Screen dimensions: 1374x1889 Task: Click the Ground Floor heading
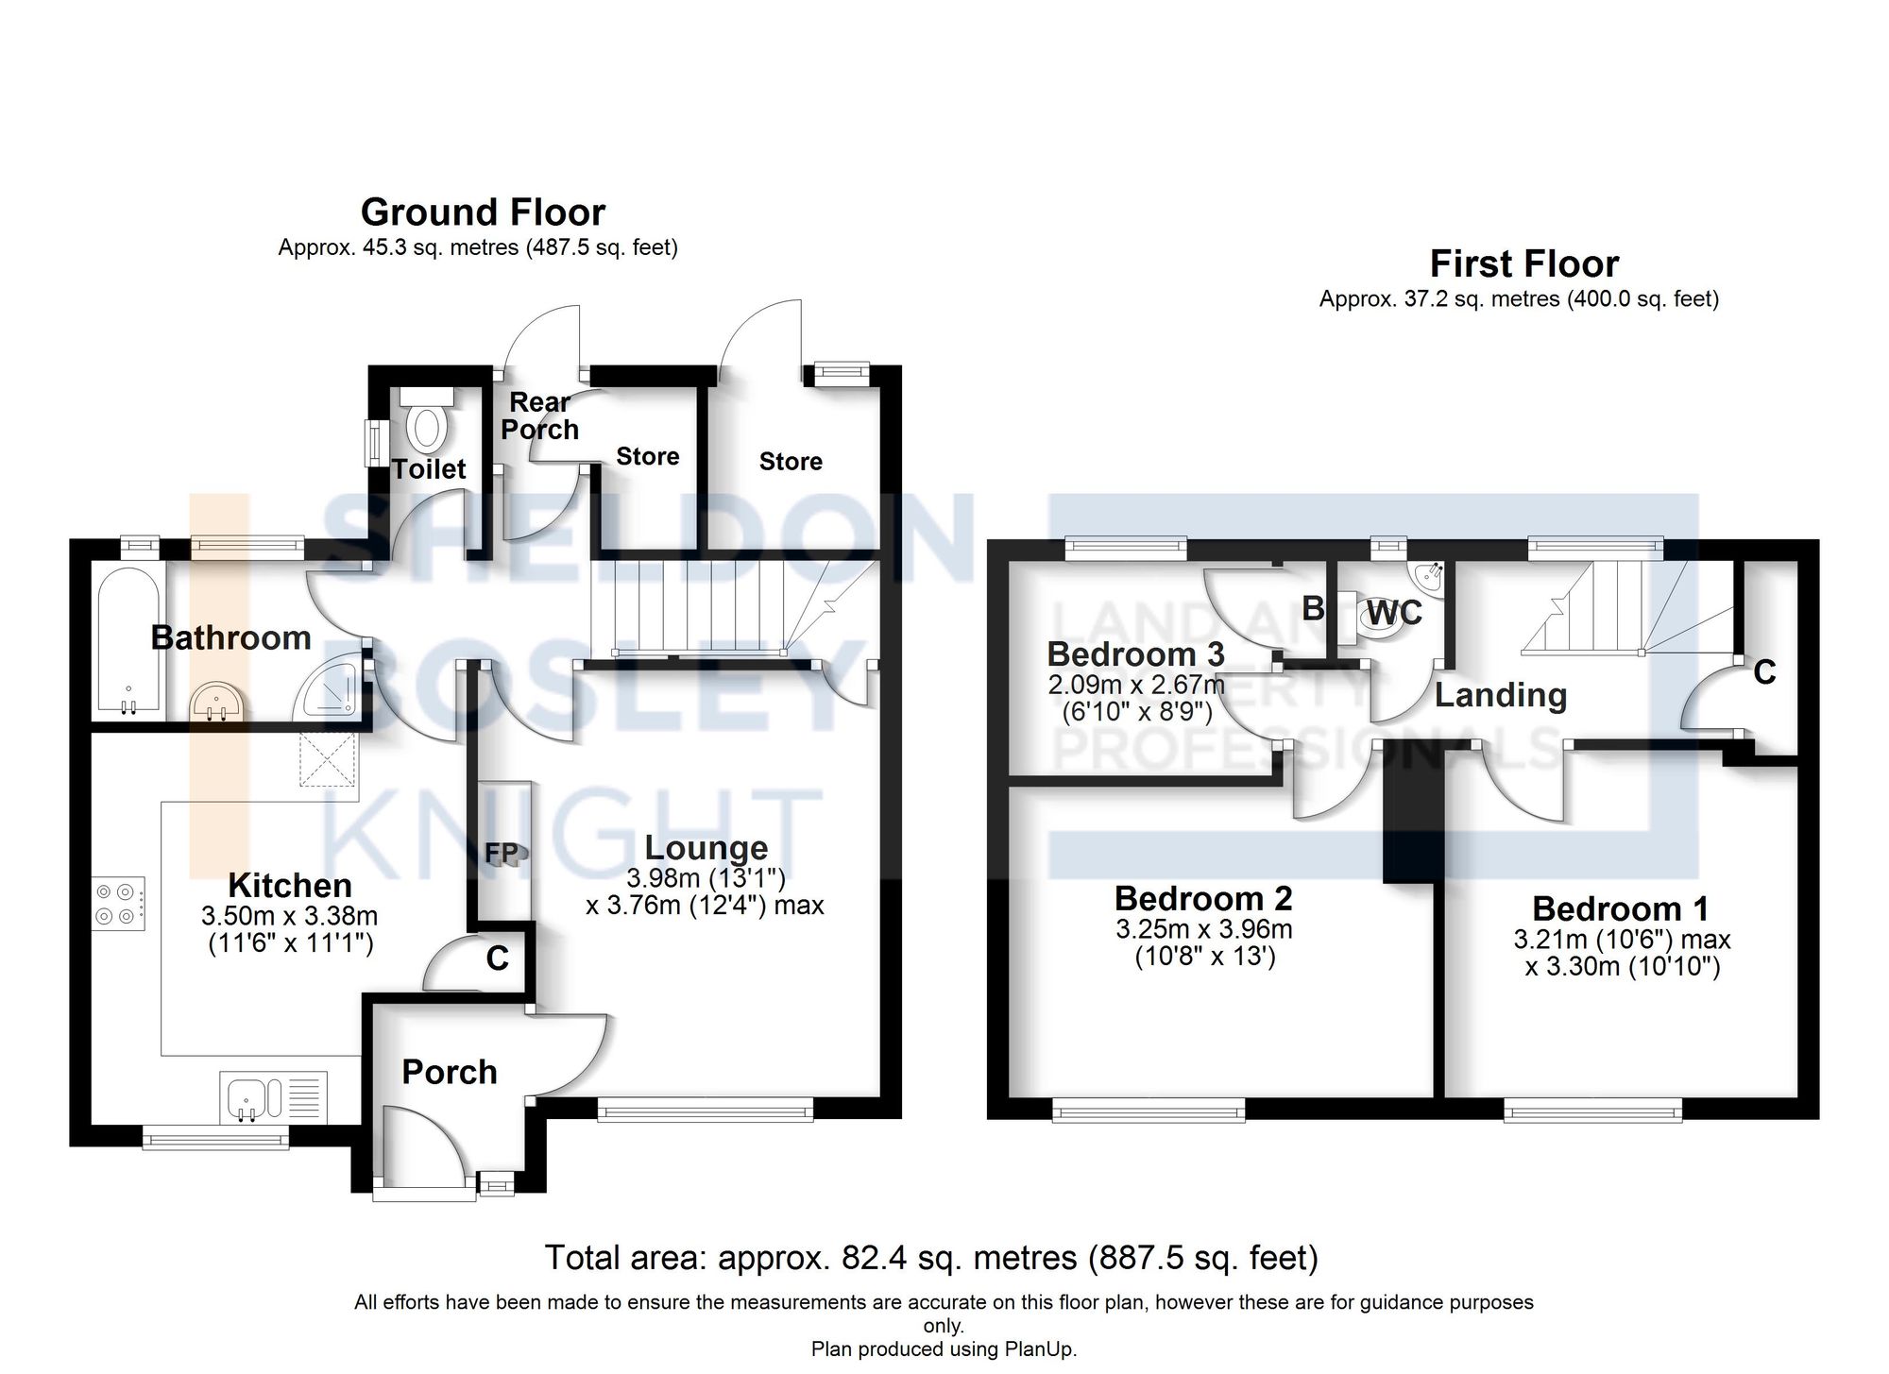pyautogui.click(x=483, y=212)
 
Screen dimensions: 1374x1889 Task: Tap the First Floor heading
pyautogui.click(x=1523, y=263)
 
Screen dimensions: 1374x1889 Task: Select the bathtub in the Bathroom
pyautogui.click(x=128, y=639)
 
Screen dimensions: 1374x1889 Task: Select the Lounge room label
pyautogui.click(x=706, y=847)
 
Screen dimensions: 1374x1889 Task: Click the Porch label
pyautogui.click(x=449, y=1072)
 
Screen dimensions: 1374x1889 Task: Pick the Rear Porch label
pyautogui.click(x=539, y=416)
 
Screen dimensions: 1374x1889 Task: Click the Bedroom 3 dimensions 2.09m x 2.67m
pyautogui.click(x=1136, y=684)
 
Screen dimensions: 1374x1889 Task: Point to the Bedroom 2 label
pyautogui.click(x=1202, y=897)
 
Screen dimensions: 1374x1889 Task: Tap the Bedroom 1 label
pyautogui.click(x=1620, y=908)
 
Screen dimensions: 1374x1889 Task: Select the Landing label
pyautogui.click(x=1501, y=695)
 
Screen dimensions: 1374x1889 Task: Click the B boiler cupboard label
pyautogui.click(x=1312, y=609)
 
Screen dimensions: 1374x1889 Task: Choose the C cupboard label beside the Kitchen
pyautogui.click(x=497, y=958)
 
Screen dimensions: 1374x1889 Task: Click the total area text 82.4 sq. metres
pyautogui.click(x=930, y=1258)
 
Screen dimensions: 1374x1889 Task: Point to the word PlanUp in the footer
pyautogui.click(x=1038, y=1349)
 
